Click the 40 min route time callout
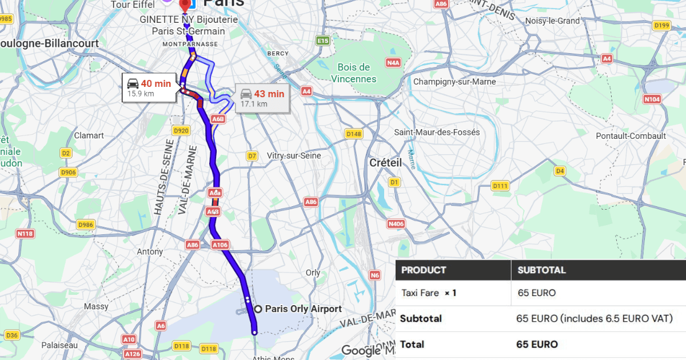coord(149,87)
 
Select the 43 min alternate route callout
coord(262,98)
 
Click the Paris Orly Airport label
coord(303,309)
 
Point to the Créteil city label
coord(385,162)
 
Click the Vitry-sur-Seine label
coord(293,155)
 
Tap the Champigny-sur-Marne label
coord(454,82)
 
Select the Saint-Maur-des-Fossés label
coord(437,132)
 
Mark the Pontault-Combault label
coord(631,136)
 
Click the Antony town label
coord(150,251)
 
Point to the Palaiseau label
coord(59,345)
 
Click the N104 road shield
coord(652,99)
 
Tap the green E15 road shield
coord(323,41)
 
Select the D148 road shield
coord(354,134)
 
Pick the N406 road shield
coord(396,224)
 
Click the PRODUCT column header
coord(424,270)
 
